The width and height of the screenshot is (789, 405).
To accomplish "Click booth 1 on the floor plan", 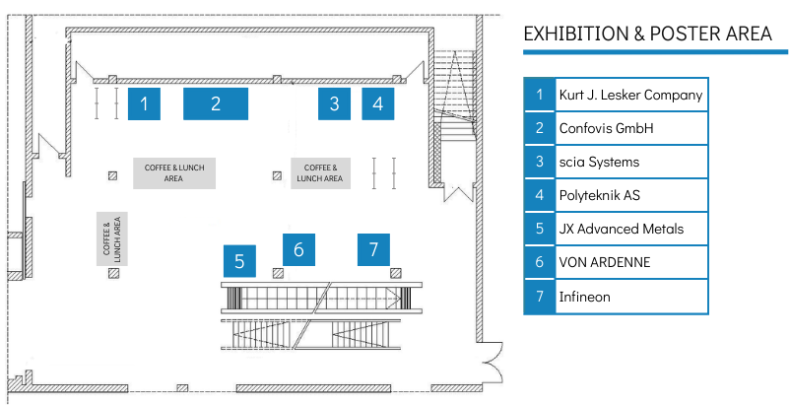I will pos(144,103).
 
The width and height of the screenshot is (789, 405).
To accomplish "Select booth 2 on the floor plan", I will pos(215,103).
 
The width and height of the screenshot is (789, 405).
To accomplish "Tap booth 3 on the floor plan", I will pos(334,103).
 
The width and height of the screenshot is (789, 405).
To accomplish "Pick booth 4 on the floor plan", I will pos(377,103).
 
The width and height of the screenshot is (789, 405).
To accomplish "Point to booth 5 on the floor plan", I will pos(239,261).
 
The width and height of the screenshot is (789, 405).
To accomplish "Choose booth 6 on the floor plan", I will pos(298,249).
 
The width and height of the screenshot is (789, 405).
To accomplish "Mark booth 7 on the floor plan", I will pos(373,249).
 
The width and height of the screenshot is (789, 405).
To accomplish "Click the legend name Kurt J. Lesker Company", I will pos(630,95).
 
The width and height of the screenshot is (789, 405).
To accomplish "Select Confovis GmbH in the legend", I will pos(606,128).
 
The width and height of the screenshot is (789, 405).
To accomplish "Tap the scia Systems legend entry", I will pos(599,162).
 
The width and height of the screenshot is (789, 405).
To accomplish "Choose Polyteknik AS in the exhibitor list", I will pos(600,195).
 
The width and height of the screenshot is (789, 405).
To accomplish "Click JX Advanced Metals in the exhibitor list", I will pos(621,229).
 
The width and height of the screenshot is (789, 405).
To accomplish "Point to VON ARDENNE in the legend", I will pos(605,262).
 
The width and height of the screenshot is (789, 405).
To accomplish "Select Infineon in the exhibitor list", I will pos(585,296).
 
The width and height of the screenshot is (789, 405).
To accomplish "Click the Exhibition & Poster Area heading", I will pos(647,34).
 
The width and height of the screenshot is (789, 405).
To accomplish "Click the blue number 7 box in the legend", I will pos(539,296).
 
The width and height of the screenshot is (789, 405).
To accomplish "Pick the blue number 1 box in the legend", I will pos(539,95).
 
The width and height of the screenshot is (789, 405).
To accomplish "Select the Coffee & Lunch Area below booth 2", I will pos(174,172).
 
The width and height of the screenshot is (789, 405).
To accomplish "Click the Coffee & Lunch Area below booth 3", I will pos(320,172).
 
